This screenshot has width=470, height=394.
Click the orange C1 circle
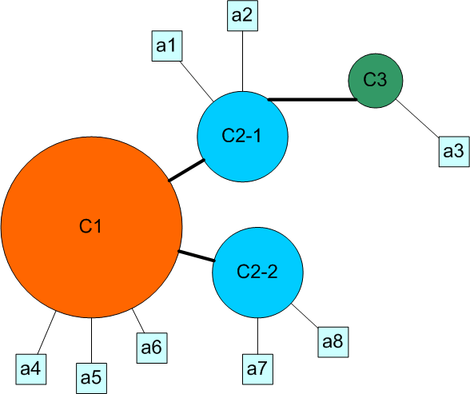[x=91, y=227]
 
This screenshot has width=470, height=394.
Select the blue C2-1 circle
[x=242, y=137]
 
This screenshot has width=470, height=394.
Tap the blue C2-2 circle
[x=257, y=272]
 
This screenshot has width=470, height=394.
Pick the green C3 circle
[x=376, y=81]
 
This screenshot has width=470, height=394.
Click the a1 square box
[x=167, y=46]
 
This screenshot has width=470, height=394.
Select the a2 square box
[x=242, y=15]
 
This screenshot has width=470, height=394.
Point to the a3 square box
[x=454, y=152]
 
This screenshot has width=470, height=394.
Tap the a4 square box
[x=31, y=369]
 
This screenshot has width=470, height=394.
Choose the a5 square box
[x=91, y=379]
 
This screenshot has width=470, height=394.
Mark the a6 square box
[x=152, y=348]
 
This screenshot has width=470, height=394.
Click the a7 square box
[x=257, y=369]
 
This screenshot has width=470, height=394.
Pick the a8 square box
[x=333, y=342]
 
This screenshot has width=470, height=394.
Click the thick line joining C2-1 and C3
[x=313, y=99]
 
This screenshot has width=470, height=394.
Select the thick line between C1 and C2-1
[x=186, y=170]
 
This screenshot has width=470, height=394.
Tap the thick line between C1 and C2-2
[x=197, y=256]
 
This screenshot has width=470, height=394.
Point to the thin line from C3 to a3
[x=418, y=118]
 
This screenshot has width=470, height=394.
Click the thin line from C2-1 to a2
[x=242, y=61]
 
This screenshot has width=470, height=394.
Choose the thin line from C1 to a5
[x=91, y=340]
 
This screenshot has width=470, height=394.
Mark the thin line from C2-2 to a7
[x=257, y=336]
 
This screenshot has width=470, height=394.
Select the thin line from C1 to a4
[x=46, y=332]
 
